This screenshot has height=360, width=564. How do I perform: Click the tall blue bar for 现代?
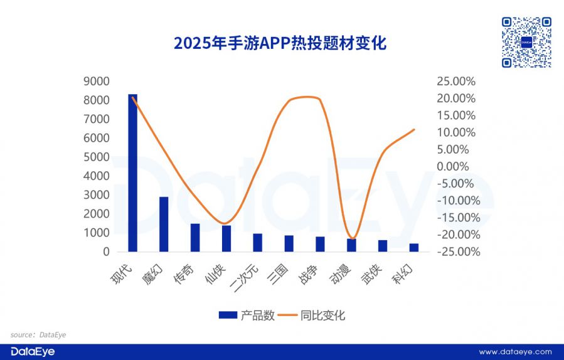click(132, 172)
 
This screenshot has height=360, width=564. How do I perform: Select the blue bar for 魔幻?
click(164, 224)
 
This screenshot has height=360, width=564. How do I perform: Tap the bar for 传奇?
click(195, 237)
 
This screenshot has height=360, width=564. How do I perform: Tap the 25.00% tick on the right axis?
click(456, 82)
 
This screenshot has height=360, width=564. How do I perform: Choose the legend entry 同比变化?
click(317, 315)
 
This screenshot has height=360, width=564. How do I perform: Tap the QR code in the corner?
click(526, 42)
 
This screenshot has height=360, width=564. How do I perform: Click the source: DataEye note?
click(38, 335)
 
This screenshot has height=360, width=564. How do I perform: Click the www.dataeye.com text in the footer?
click(515, 352)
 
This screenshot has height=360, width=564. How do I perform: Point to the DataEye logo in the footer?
click(29, 352)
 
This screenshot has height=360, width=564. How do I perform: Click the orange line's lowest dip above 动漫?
click(353, 238)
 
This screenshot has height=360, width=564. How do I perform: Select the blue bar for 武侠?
click(383, 245)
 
